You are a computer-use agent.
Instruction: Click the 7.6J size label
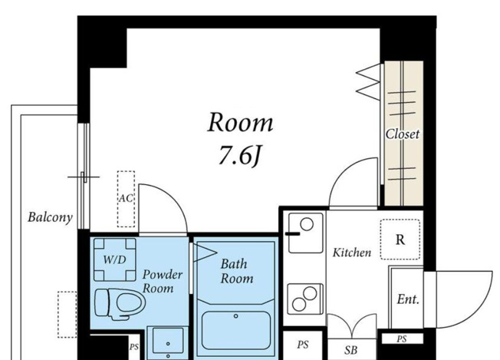coord(240,157)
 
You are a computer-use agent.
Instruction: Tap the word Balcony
coord(50,217)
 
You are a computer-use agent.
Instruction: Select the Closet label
coord(403,134)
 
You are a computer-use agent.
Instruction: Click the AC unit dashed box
coord(126,199)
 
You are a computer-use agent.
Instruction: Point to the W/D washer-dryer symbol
coord(115,259)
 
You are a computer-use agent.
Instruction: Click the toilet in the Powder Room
coord(120,303)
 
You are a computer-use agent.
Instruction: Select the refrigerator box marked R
coord(400,239)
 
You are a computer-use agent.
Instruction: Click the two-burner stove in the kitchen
coord(305,299)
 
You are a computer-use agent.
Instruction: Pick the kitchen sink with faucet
coord(305,233)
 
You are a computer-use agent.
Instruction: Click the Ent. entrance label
coord(408,299)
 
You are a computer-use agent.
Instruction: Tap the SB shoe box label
coord(351,351)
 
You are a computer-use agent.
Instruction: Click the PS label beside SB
coord(303,345)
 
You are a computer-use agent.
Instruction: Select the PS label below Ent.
coord(402,339)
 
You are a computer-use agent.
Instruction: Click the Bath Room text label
coord(237,271)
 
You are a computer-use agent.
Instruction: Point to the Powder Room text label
coord(163,281)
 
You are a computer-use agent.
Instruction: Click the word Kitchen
coord(352,253)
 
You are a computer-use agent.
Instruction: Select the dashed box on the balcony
coord(67,315)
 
